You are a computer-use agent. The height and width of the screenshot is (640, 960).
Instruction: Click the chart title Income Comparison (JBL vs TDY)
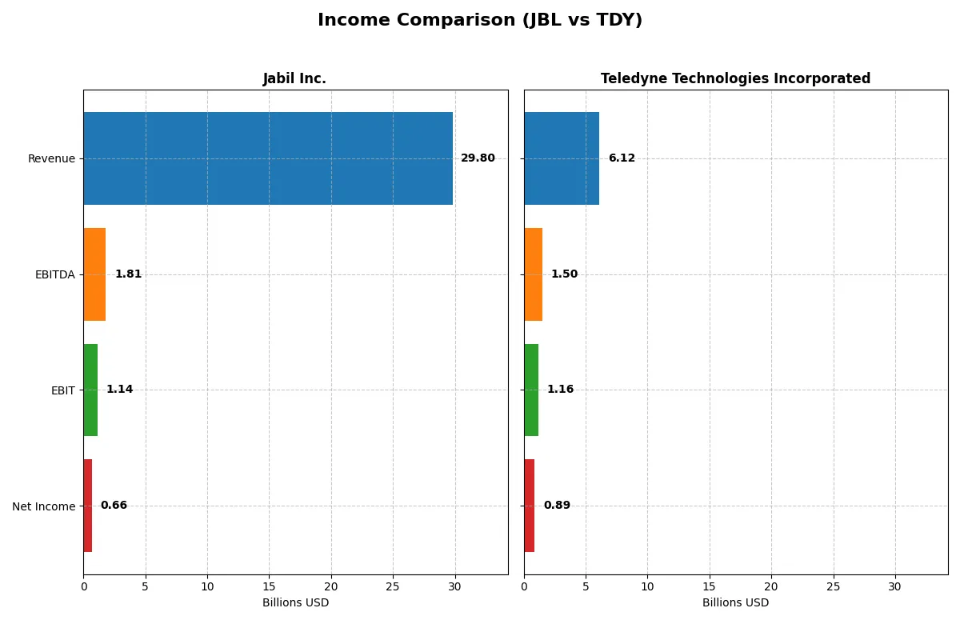click(x=480, y=21)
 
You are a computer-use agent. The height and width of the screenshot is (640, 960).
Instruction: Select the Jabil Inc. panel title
click(x=294, y=79)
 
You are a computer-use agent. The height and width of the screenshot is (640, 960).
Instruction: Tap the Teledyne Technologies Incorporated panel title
click(x=735, y=79)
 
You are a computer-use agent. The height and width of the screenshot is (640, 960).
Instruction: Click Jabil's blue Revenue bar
click(x=268, y=158)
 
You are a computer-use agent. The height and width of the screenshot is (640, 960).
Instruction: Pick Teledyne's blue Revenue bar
click(x=562, y=158)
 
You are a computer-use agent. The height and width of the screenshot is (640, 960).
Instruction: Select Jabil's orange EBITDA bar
click(x=94, y=274)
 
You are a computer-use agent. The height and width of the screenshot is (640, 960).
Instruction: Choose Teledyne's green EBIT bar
click(x=531, y=390)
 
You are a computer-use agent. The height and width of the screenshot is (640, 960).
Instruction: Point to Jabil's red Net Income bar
click(x=87, y=506)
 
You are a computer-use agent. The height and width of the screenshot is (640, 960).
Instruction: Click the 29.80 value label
click(x=478, y=158)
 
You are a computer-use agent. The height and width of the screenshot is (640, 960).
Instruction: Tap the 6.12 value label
click(x=622, y=158)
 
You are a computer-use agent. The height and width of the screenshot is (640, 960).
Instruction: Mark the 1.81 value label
click(x=128, y=274)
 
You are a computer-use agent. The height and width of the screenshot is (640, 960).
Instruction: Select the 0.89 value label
click(x=557, y=506)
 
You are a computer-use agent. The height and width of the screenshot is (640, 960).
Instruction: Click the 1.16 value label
click(x=560, y=390)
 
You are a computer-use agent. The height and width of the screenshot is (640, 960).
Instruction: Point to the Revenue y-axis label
click(x=51, y=159)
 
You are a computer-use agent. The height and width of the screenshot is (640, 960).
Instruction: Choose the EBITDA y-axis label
click(x=54, y=275)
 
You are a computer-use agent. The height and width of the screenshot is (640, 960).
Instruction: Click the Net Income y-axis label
click(x=43, y=506)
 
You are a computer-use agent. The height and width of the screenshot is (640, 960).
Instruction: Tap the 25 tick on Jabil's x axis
click(x=393, y=586)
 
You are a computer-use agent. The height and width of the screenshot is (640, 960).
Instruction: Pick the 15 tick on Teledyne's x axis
click(x=710, y=586)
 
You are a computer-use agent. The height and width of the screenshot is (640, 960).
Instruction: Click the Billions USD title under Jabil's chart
click(x=295, y=603)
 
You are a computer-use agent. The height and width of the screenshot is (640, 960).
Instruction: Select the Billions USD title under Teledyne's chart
click(x=735, y=603)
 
